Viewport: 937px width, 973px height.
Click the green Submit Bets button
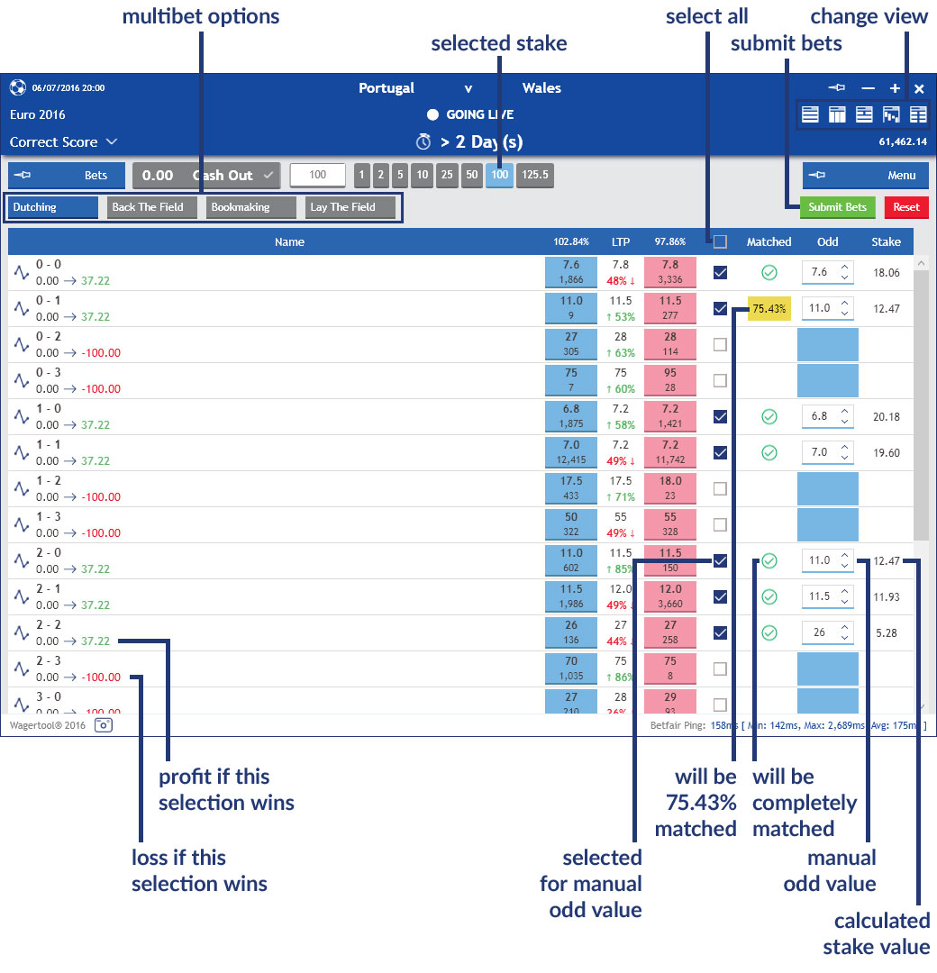(x=837, y=207)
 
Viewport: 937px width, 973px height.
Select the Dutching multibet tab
(x=52, y=207)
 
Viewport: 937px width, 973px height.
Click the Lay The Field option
(x=350, y=207)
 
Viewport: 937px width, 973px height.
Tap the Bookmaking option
(x=250, y=207)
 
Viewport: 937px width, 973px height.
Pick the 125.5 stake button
(x=534, y=176)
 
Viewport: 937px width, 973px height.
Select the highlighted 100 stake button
(x=499, y=176)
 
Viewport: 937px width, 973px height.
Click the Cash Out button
(x=207, y=176)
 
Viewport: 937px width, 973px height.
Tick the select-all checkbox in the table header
(x=720, y=241)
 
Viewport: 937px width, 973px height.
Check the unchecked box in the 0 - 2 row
(x=720, y=344)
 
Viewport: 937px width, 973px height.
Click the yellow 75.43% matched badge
(x=769, y=308)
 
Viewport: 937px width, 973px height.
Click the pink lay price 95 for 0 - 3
(x=670, y=380)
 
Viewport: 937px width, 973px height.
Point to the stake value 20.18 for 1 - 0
(x=887, y=416)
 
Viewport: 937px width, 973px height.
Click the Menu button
(x=865, y=176)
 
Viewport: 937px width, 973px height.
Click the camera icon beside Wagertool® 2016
(x=104, y=724)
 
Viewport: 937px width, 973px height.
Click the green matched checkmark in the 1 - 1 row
(x=769, y=452)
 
